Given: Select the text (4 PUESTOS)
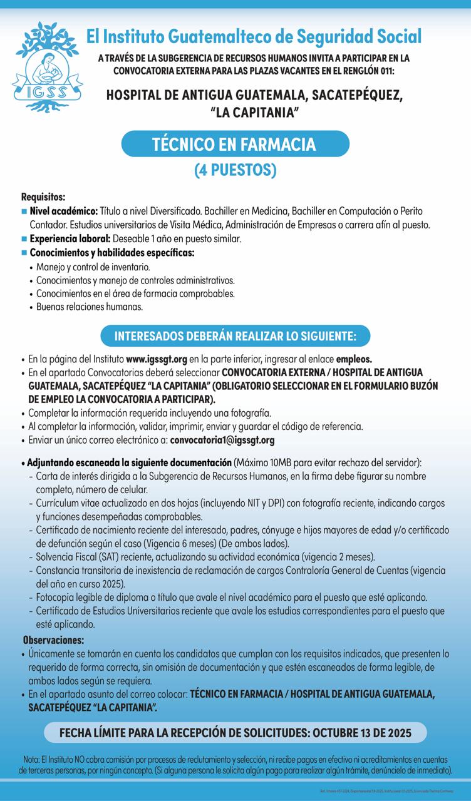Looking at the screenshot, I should [x=234, y=170].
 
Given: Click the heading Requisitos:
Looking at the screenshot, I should [x=43, y=197].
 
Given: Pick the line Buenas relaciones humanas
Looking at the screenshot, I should [x=90, y=307].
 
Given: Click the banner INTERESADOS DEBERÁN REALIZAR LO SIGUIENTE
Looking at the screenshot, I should [x=235, y=336].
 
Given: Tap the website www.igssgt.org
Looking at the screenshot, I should [x=157, y=360].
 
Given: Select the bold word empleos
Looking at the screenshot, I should [x=355, y=360].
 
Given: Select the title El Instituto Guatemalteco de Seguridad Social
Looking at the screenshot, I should [x=254, y=36].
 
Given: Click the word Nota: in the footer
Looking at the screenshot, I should [x=30, y=758].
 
